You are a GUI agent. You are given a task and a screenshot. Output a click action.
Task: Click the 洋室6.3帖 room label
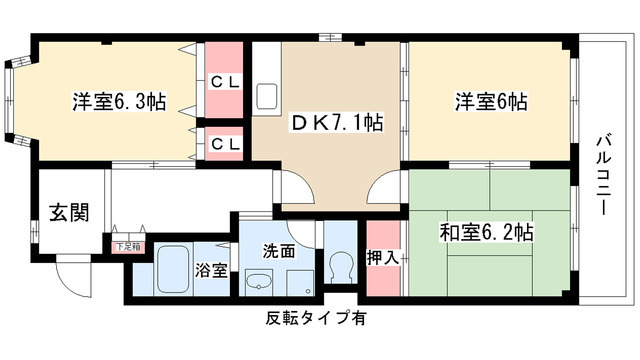117,102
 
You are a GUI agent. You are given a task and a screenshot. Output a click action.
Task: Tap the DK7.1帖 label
324,125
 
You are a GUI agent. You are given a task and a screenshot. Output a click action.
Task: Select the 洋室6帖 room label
492,102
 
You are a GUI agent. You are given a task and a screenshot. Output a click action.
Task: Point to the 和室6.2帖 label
487,233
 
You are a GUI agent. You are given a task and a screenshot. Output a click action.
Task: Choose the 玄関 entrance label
70,212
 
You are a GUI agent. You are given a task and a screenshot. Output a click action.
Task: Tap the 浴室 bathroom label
211,271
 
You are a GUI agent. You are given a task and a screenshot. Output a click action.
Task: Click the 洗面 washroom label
279,252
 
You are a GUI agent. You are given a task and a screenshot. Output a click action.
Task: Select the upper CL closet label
224,82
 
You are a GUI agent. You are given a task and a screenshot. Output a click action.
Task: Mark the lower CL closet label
224,142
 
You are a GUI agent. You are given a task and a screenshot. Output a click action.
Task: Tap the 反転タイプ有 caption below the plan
315,319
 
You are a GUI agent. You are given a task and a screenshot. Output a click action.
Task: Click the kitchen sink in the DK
269,98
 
